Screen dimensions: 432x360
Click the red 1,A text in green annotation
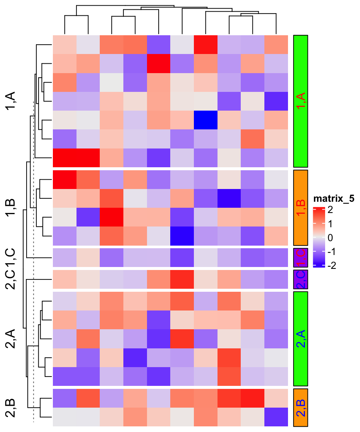pyautogui.click(x=301, y=101)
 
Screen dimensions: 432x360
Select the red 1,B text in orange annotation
pyautogui.click(x=301, y=207)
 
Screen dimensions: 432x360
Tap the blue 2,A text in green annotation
pyautogui.click(x=301, y=338)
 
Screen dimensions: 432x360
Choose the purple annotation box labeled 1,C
pyautogui.click(x=301, y=257)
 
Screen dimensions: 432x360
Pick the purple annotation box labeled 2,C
pyautogui.click(x=301, y=279)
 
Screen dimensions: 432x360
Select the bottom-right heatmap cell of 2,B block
pyautogui.click(x=276, y=417)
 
